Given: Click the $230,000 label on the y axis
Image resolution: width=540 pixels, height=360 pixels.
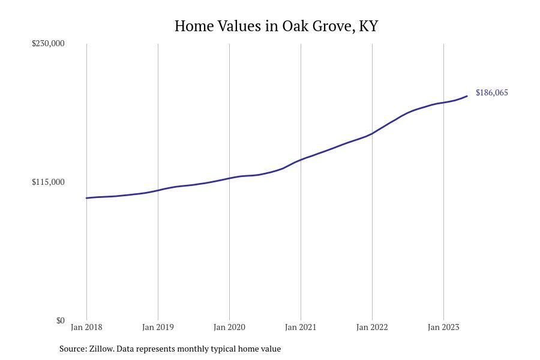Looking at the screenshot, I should pos(48,43).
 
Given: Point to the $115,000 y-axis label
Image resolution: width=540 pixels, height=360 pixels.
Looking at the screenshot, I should pos(48,182).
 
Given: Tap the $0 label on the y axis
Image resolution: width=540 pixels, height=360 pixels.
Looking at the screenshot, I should pos(61,320).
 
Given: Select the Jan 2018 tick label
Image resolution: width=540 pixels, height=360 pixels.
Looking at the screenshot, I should pos(86,327).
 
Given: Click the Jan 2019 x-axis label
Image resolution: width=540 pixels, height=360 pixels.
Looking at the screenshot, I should pos(158,327).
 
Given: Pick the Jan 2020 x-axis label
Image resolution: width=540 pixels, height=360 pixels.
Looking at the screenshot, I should pos(229,327).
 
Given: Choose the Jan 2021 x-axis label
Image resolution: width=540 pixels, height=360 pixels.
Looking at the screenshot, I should pos(301,327).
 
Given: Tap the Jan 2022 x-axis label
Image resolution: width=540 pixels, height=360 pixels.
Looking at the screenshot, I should pos(372,327).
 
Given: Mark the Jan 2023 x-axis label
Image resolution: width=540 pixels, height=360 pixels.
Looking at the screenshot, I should pos(443,327).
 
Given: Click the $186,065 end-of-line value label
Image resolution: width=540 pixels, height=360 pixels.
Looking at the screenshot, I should pos(491,92).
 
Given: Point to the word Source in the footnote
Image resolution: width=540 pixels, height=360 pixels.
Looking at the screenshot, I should pos(73,349).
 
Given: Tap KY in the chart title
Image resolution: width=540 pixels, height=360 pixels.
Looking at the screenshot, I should pos(368,26).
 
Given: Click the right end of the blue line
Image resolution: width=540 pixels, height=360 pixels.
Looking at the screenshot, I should pos(467,96).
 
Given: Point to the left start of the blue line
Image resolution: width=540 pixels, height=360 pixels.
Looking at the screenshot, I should pos(87,198).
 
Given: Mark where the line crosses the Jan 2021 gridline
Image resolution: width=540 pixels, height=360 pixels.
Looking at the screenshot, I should pos(301,160).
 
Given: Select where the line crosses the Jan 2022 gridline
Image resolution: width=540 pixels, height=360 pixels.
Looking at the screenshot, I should pos(372,133).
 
